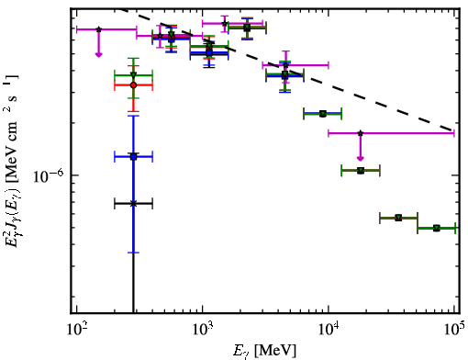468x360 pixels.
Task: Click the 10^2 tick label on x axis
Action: pyautogui.click(x=77, y=329)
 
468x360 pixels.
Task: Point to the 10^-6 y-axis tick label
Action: pyautogui.click(x=49, y=176)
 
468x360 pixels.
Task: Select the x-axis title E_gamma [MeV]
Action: pyautogui.click(x=264, y=351)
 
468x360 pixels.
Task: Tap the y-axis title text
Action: pyautogui.click(x=12, y=160)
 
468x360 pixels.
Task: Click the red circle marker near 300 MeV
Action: pyautogui.click(x=133, y=85)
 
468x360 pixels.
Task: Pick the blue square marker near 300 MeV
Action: pyautogui.click(x=133, y=157)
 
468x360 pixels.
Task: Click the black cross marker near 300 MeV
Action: pyautogui.click(x=133, y=203)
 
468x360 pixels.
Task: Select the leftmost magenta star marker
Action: pyautogui.click(x=98, y=29)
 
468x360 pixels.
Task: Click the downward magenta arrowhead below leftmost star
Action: pyautogui.click(x=98, y=54)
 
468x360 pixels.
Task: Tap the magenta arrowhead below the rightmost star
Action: pyautogui.click(x=361, y=158)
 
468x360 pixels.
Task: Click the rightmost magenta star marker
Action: pyautogui.click(x=361, y=133)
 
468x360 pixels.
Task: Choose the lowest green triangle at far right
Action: pyautogui.click(x=437, y=228)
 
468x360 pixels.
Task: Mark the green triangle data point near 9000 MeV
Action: pyautogui.click(x=323, y=114)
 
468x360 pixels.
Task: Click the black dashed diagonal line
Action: pyautogui.click(x=287, y=69)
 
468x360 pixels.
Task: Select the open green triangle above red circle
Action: pyautogui.click(x=133, y=75)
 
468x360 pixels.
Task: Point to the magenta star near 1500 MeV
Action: pyautogui.click(x=225, y=23)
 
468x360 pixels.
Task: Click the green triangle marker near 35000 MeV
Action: pyautogui.click(x=398, y=218)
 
